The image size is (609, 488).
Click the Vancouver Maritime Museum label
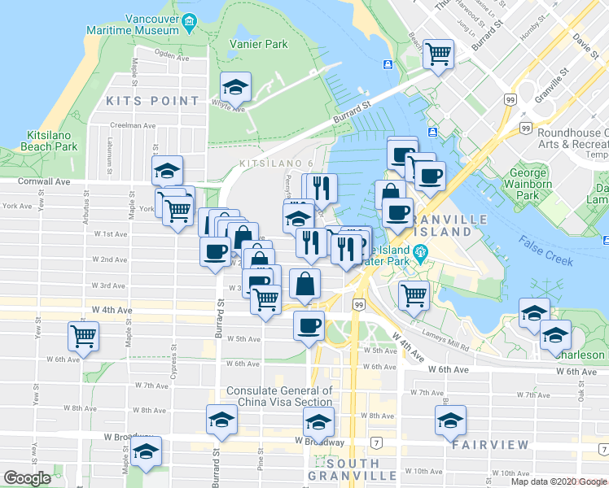click(x=134, y=24)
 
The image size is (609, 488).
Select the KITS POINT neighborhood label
click(x=152, y=101)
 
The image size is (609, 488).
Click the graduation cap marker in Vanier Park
click(x=235, y=85)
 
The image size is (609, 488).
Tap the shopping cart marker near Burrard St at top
click(x=439, y=54)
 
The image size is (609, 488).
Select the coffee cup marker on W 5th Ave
click(x=308, y=326)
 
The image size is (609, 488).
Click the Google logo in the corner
click(x=27, y=478)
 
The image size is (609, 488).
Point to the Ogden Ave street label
click(x=170, y=58)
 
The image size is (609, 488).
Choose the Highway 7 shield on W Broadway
click(x=376, y=442)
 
